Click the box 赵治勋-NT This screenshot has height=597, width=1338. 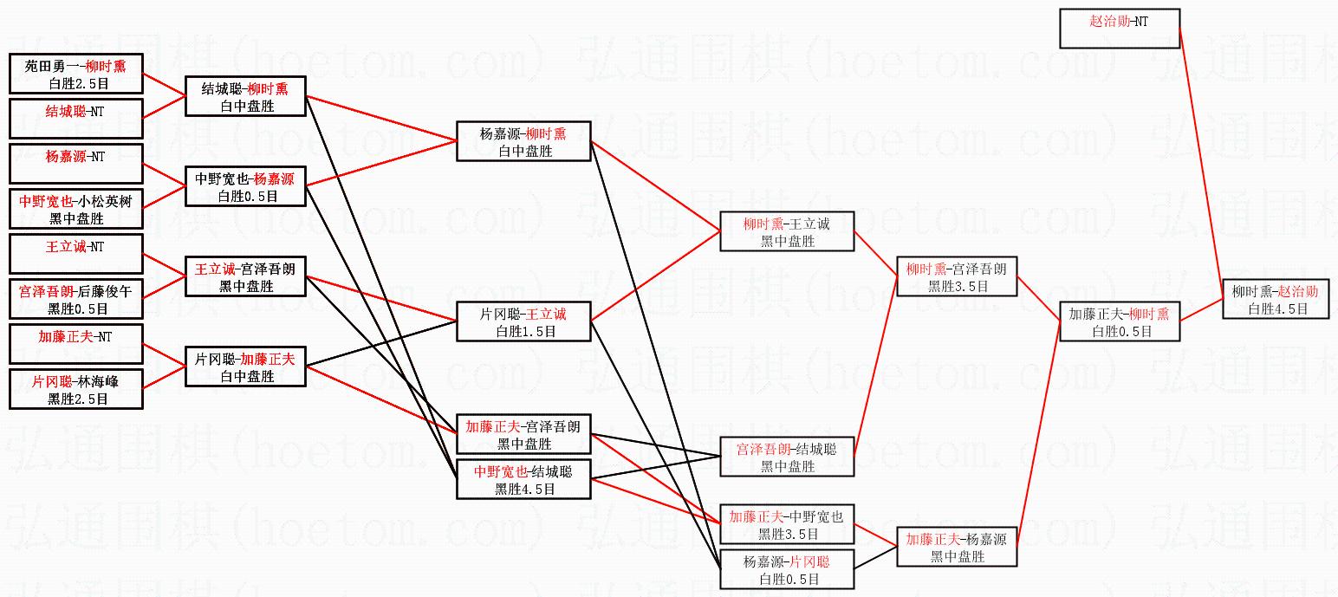pyautogui.click(x=1119, y=29)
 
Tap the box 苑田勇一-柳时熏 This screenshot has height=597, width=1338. pyautogui.click(x=75, y=74)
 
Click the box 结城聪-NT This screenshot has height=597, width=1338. pyautogui.click(x=75, y=118)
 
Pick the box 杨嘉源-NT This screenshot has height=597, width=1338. pyautogui.click(x=75, y=164)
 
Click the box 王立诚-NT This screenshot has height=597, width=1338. pyautogui.click(x=75, y=253)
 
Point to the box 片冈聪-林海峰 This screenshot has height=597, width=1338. pyautogui.click(x=75, y=389)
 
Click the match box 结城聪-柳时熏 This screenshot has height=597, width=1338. pyautogui.click(x=245, y=95)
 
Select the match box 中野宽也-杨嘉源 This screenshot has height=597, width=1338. pyautogui.click(x=245, y=186)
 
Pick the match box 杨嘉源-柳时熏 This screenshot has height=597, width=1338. pyautogui.click(x=523, y=141)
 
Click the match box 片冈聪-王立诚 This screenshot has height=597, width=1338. pyautogui.click(x=523, y=321)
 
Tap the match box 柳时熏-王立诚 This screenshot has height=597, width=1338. pyautogui.click(x=787, y=231)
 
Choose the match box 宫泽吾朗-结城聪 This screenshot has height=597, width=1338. pyautogui.click(x=787, y=457)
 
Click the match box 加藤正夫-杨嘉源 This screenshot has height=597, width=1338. pyautogui.click(x=956, y=547)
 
